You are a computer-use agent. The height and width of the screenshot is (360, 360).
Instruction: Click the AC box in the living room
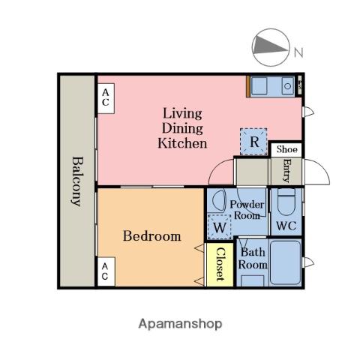(x=106, y=98)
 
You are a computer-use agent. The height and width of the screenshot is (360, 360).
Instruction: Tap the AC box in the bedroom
(x=106, y=271)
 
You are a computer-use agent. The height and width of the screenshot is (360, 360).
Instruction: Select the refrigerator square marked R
(x=253, y=142)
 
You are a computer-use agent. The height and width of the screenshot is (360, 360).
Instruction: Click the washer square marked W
(x=220, y=227)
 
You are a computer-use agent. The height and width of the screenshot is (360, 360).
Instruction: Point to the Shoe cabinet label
(x=287, y=149)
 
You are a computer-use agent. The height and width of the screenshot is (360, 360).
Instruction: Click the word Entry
(x=286, y=171)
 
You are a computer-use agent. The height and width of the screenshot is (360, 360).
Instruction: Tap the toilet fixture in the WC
(x=286, y=201)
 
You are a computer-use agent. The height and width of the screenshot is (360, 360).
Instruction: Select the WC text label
(x=286, y=226)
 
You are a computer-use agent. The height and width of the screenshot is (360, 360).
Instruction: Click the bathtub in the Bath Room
(x=286, y=262)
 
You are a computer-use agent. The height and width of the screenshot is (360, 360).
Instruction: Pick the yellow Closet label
(x=220, y=264)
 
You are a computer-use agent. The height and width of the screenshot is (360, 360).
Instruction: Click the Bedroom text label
(x=152, y=236)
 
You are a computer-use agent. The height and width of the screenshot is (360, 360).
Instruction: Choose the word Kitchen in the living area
(x=182, y=143)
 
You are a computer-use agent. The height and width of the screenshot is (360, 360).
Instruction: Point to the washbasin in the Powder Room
(x=218, y=199)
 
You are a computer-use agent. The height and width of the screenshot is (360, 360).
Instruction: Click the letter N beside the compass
(x=298, y=52)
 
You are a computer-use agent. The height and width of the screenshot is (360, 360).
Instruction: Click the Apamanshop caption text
(x=180, y=324)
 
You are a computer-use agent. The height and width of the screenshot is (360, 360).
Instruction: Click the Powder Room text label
(x=247, y=210)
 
